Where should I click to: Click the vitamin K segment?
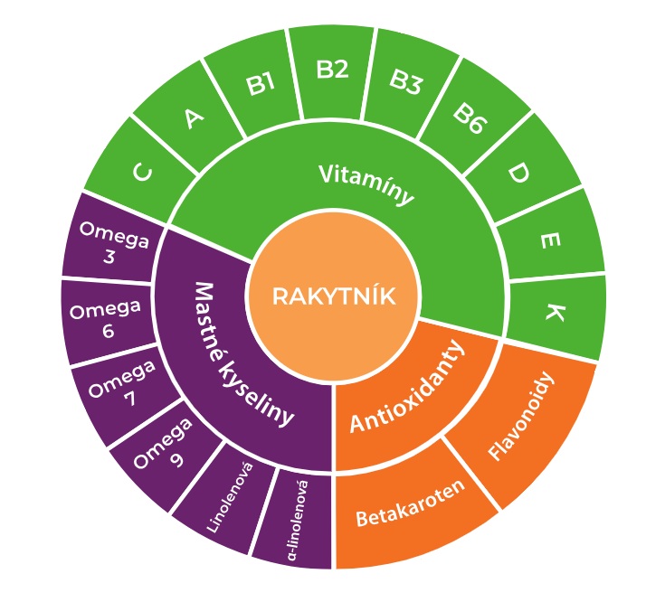click(x=553, y=314)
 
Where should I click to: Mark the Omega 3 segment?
click(x=109, y=239)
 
